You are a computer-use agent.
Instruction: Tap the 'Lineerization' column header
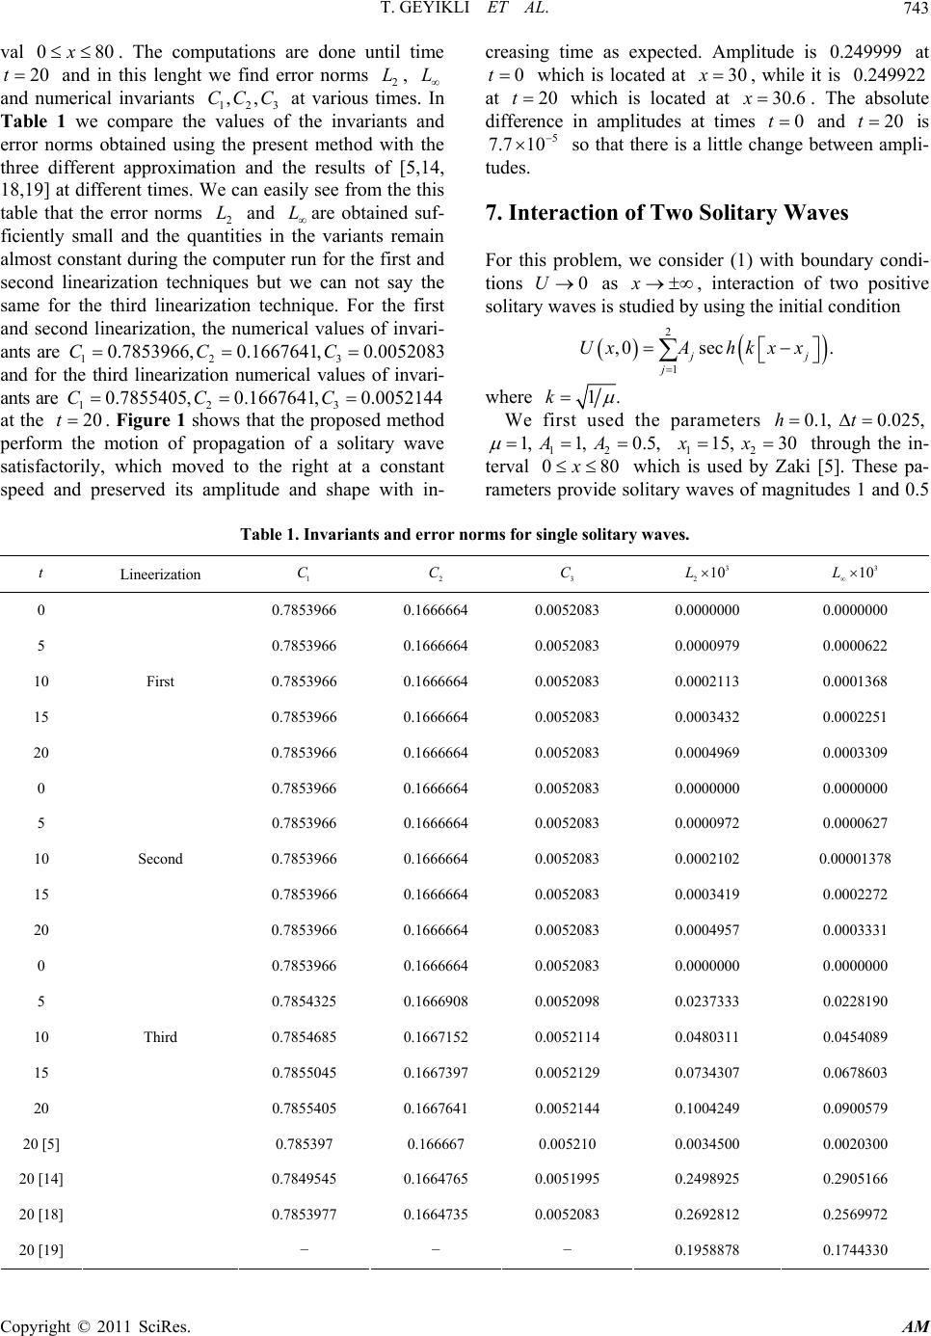[x=160, y=574]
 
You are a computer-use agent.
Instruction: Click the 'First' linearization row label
[x=160, y=681]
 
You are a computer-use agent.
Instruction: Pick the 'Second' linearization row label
[x=160, y=858]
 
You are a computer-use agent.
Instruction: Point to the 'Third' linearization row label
[x=160, y=1036]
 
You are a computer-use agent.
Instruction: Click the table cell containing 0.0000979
[x=707, y=645]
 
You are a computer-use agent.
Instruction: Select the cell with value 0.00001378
[x=855, y=858]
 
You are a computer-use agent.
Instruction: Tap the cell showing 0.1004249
[x=707, y=1108]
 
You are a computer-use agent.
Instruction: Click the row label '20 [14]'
[x=42, y=1179]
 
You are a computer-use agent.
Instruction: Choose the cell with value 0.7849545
[x=305, y=1179]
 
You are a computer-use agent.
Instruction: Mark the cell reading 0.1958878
[x=707, y=1250]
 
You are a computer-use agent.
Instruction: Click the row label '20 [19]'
[x=42, y=1250]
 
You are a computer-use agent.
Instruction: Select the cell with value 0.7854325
[x=305, y=1001]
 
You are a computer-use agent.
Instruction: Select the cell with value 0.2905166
[x=855, y=1179]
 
